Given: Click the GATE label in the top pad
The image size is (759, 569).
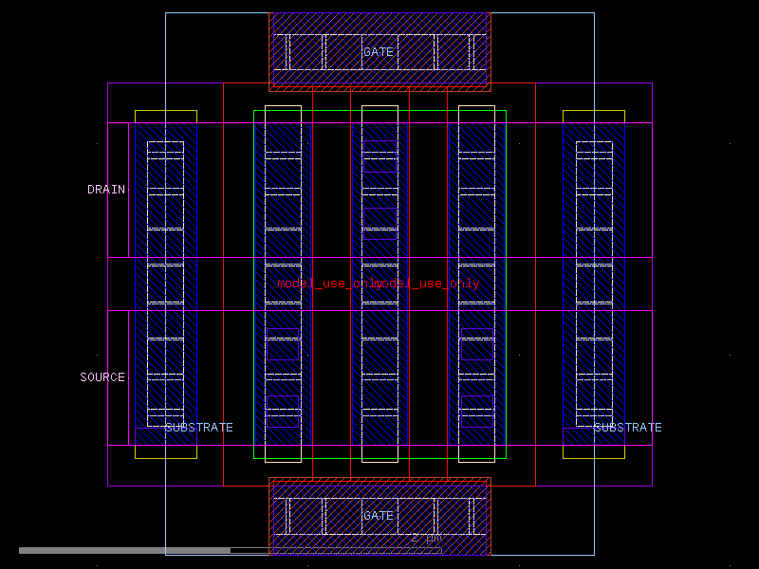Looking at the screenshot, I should (x=378, y=52).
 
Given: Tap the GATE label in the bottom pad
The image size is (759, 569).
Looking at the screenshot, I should (x=378, y=516).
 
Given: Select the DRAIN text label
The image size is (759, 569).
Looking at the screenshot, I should (x=106, y=190).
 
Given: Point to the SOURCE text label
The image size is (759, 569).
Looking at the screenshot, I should (x=102, y=377).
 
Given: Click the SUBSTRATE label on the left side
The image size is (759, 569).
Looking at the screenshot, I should (x=198, y=428).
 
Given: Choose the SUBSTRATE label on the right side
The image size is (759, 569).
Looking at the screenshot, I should (x=627, y=428).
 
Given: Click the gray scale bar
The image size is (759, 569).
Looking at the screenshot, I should (x=123, y=550).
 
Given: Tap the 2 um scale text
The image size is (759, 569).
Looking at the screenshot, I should (x=426, y=538).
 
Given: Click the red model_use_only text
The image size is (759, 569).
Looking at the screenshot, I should (x=379, y=284).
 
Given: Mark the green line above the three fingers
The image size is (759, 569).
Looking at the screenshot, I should (x=379, y=111).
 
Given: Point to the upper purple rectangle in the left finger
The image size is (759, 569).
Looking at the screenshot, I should (x=283, y=343).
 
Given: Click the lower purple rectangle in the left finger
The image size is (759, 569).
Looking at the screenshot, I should (x=283, y=412).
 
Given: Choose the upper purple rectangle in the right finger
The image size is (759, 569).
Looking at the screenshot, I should (x=476, y=343).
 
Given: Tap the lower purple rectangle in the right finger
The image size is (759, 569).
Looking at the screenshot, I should (x=476, y=412).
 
